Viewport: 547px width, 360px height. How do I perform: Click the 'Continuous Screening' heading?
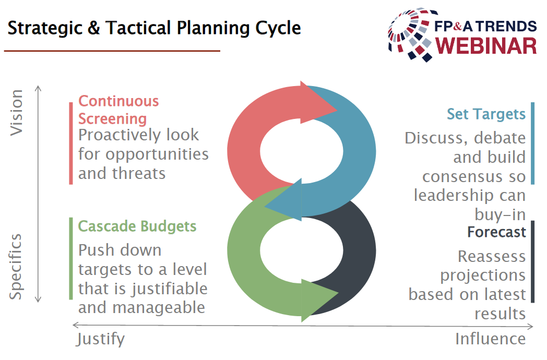tap(118, 110)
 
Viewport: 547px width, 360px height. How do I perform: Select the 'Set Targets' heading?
tap(486, 114)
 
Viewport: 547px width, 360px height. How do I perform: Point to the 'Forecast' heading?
tap(496, 232)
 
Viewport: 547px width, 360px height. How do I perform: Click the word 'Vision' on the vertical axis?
tap(16, 113)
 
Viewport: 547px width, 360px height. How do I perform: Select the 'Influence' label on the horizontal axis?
tap(491, 339)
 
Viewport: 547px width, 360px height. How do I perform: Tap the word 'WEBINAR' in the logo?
tap(486, 46)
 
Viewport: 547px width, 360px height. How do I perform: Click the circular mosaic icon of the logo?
tap(412, 34)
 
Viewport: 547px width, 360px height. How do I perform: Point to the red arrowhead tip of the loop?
tap(337, 111)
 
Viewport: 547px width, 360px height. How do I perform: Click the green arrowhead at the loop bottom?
tap(319, 300)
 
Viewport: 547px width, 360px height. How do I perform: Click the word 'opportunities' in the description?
tap(157, 154)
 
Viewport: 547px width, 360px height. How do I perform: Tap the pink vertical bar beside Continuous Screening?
tap(71, 143)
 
